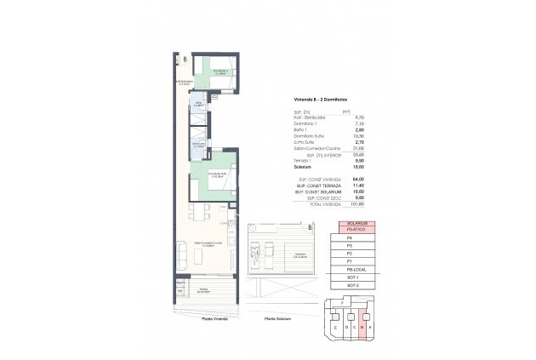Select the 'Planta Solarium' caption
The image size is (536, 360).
(x=277, y=319)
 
